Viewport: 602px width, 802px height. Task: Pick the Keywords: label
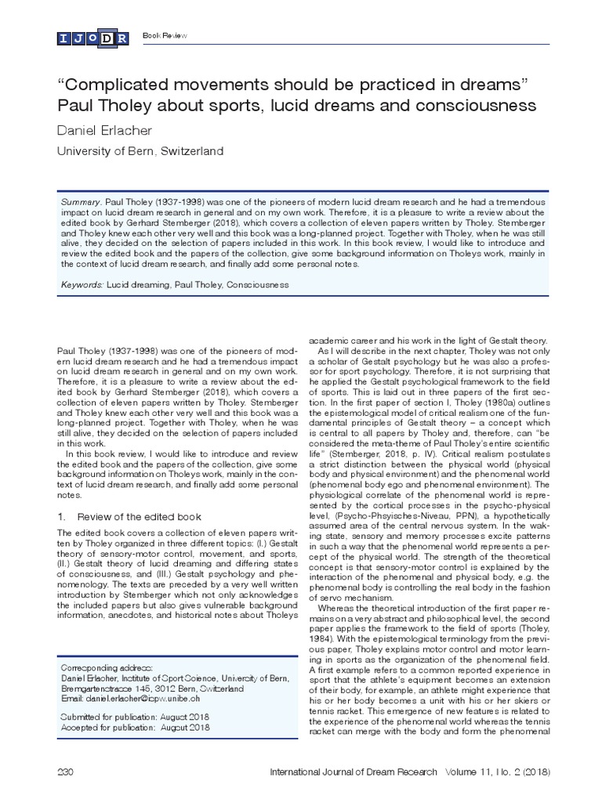coord(83,284)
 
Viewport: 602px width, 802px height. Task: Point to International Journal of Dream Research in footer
coord(353,771)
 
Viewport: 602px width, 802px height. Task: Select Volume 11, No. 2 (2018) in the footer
coord(495,771)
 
